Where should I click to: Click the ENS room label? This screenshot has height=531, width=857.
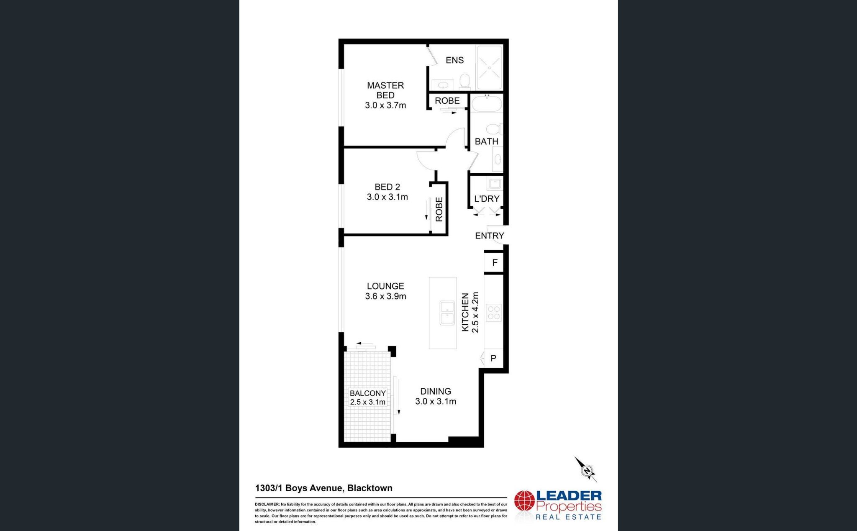[x=454, y=60]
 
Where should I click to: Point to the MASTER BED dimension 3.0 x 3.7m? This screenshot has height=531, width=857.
[x=385, y=105]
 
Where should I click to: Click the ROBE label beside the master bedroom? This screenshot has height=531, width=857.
[x=447, y=101]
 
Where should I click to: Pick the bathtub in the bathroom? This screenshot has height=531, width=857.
[x=486, y=103]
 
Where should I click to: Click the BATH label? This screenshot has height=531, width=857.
[x=486, y=141]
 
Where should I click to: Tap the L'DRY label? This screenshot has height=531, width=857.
[x=487, y=199]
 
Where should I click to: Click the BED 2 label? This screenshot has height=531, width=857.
[x=387, y=187]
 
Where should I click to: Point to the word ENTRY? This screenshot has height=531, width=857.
[x=489, y=236]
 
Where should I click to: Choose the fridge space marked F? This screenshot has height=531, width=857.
[x=495, y=263]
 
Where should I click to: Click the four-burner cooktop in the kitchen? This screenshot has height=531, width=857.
[x=494, y=313]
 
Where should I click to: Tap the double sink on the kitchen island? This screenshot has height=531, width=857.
[x=447, y=313]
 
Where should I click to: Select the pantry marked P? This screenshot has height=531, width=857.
[x=493, y=358]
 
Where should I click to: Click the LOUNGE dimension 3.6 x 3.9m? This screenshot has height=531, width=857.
[x=385, y=296]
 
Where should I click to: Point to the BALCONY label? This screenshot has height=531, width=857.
[x=367, y=393]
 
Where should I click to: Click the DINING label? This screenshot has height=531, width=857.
[x=436, y=391]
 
